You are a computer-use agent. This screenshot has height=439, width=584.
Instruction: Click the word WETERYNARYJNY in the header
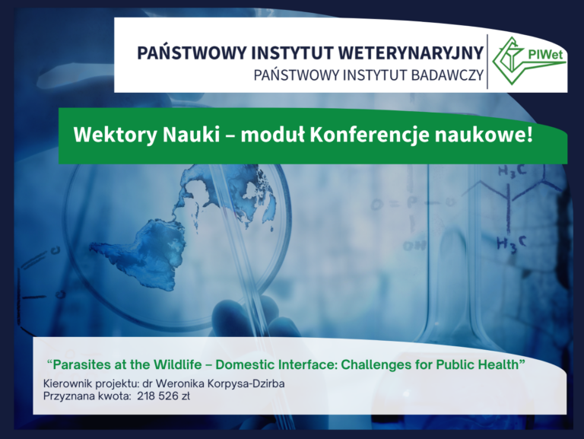[x=411, y=53]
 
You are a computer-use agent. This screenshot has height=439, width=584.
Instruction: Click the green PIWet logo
[x=529, y=55]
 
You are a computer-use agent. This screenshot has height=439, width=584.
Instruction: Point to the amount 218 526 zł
[x=164, y=396]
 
